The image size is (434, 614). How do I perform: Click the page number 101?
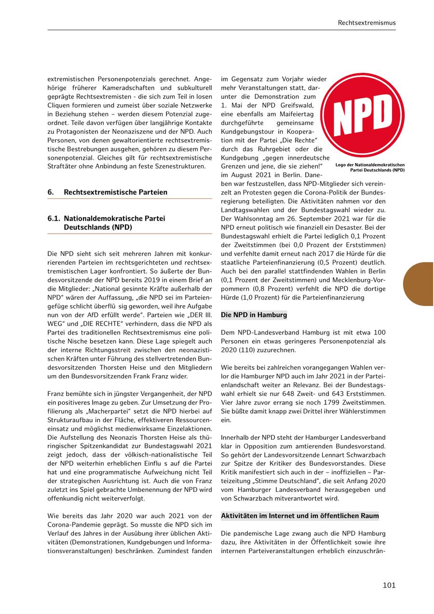click(x=389, y=585)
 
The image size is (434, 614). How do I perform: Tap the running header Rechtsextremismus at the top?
click(x=366, y=22)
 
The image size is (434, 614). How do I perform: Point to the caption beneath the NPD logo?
click(x=370, y=167)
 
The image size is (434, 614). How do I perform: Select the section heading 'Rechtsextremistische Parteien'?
click(x=115, y=192)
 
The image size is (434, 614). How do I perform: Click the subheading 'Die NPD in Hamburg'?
click(x=254, y=315)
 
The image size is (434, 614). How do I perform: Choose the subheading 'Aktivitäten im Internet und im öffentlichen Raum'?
click(x=299, y=516)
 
